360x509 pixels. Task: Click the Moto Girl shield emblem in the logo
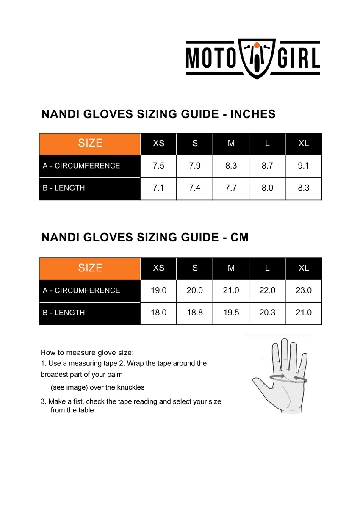pos(256,59)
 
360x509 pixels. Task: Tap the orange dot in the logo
pos(257,45)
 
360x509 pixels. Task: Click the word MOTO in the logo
pos(210,59)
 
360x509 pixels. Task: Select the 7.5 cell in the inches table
pos(158,166)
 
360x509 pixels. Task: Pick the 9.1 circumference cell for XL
pos(304,166)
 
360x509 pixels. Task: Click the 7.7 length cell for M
pos(231,188)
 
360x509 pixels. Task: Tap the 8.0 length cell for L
pos(267,188)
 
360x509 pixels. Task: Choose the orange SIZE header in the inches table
pos(90,143)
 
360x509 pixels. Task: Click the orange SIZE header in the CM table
pos(90,268)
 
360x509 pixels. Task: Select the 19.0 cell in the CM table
pos(158,290)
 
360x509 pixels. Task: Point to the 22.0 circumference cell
pos(267,290)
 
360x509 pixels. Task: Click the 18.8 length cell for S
pos(195,313)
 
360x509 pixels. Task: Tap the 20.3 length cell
pos(267,313)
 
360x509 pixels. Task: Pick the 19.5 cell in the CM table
pos(231,313)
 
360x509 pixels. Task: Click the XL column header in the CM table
pos(304,268)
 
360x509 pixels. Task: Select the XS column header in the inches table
pos(158,143)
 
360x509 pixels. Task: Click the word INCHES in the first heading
pos(253,114)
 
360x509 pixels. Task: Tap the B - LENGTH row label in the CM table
pos(64,313)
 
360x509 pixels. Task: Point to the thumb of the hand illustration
pos(259,385)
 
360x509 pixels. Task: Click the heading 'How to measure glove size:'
pos(87,353)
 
